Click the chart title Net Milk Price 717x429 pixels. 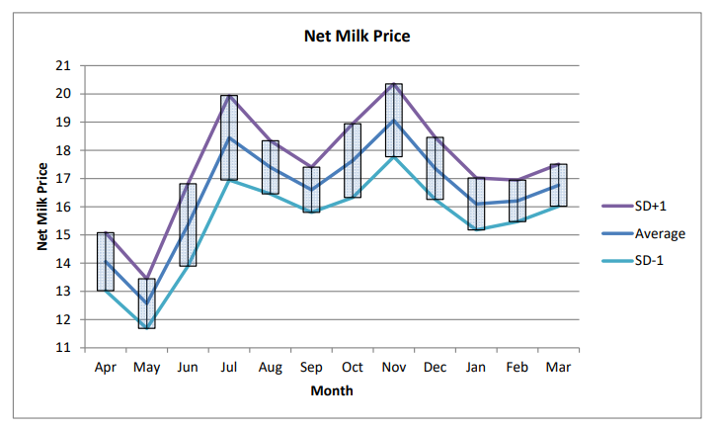coord(358,37)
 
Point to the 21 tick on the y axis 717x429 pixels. coord(65,66)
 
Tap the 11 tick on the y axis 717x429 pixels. coord(65,348)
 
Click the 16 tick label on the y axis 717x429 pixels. coord(65,208)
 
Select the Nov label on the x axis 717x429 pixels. coord(393,368)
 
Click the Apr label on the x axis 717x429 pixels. coord(106,368)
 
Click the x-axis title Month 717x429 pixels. coord(332,390)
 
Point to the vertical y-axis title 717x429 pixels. coord(43,208)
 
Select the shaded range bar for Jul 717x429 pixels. coord(229,137)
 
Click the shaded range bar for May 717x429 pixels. coord(146,303)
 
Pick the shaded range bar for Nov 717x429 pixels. coord(393,120)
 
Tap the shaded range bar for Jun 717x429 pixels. coord(188,224)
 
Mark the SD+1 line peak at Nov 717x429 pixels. coord(393,85)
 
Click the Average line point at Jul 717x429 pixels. coord(229,137)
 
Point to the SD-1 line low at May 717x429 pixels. coord(146,327)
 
